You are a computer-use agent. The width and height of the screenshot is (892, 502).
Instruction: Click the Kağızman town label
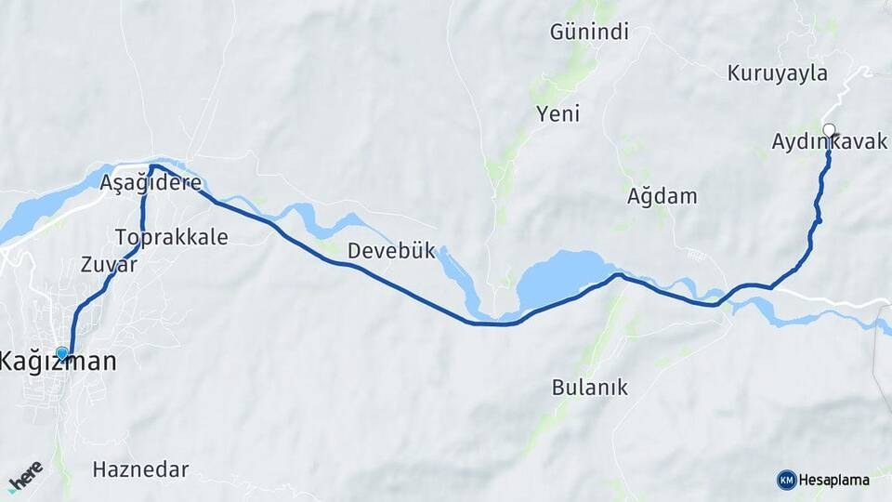click(59, 362)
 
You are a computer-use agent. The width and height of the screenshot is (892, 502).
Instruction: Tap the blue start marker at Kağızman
click(62, 353)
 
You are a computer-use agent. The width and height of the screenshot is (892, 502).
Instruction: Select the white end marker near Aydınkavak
click(829, 130)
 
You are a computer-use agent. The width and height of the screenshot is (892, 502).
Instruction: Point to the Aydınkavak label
click(829, 142)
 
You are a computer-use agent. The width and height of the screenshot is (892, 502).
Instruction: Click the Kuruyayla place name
click(777, 73)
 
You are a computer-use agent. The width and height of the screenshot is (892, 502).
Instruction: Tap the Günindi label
click(589, 33)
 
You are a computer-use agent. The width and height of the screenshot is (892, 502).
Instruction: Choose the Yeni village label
click(557, 114)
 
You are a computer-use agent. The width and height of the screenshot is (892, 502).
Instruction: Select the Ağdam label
click(662, 197)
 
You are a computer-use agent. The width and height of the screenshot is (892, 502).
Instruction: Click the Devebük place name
click(391, 251)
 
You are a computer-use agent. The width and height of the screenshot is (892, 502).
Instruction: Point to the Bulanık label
click(590, 388)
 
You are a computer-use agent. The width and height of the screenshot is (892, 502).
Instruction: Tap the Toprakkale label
click(172, 237)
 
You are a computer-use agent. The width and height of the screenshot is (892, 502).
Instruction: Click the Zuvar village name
click(109, 264)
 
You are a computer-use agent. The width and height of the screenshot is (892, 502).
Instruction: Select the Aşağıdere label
click(151, 183)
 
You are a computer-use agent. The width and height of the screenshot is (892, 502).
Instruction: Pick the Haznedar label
click(141, 469)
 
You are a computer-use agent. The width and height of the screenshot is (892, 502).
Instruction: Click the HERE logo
click(25, 475)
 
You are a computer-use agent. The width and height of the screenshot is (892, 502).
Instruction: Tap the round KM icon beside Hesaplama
click(786, 480)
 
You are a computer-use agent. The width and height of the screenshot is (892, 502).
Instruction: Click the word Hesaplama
click(834, 481)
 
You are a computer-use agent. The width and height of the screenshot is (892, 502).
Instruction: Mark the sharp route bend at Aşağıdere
click(152, 167)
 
